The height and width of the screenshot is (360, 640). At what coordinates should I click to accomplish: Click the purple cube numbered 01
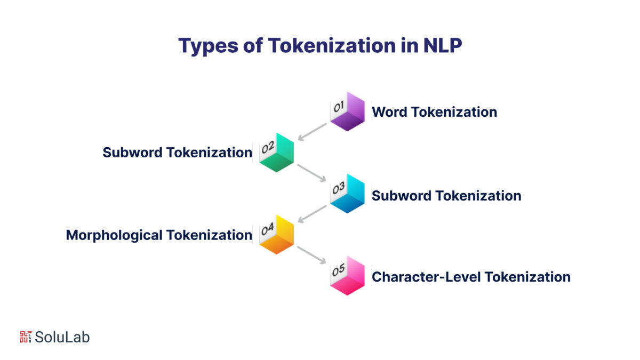tap(347, 112)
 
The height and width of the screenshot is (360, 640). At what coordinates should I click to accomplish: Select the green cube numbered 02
tap(276, 153)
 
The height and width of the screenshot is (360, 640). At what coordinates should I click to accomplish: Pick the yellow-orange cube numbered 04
tap(276, 235)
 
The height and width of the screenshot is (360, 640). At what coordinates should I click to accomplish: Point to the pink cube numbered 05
tap(347, 276)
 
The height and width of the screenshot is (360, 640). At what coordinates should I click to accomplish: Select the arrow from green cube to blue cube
tap(312, 173)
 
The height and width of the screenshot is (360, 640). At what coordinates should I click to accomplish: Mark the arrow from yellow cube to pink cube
tap(312, 255)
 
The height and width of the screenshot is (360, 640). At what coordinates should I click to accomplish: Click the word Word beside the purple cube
tap(389, 112)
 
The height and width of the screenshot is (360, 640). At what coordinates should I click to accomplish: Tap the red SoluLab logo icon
tap(26, 337)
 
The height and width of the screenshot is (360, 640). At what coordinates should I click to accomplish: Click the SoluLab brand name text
tap(62, 337)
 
